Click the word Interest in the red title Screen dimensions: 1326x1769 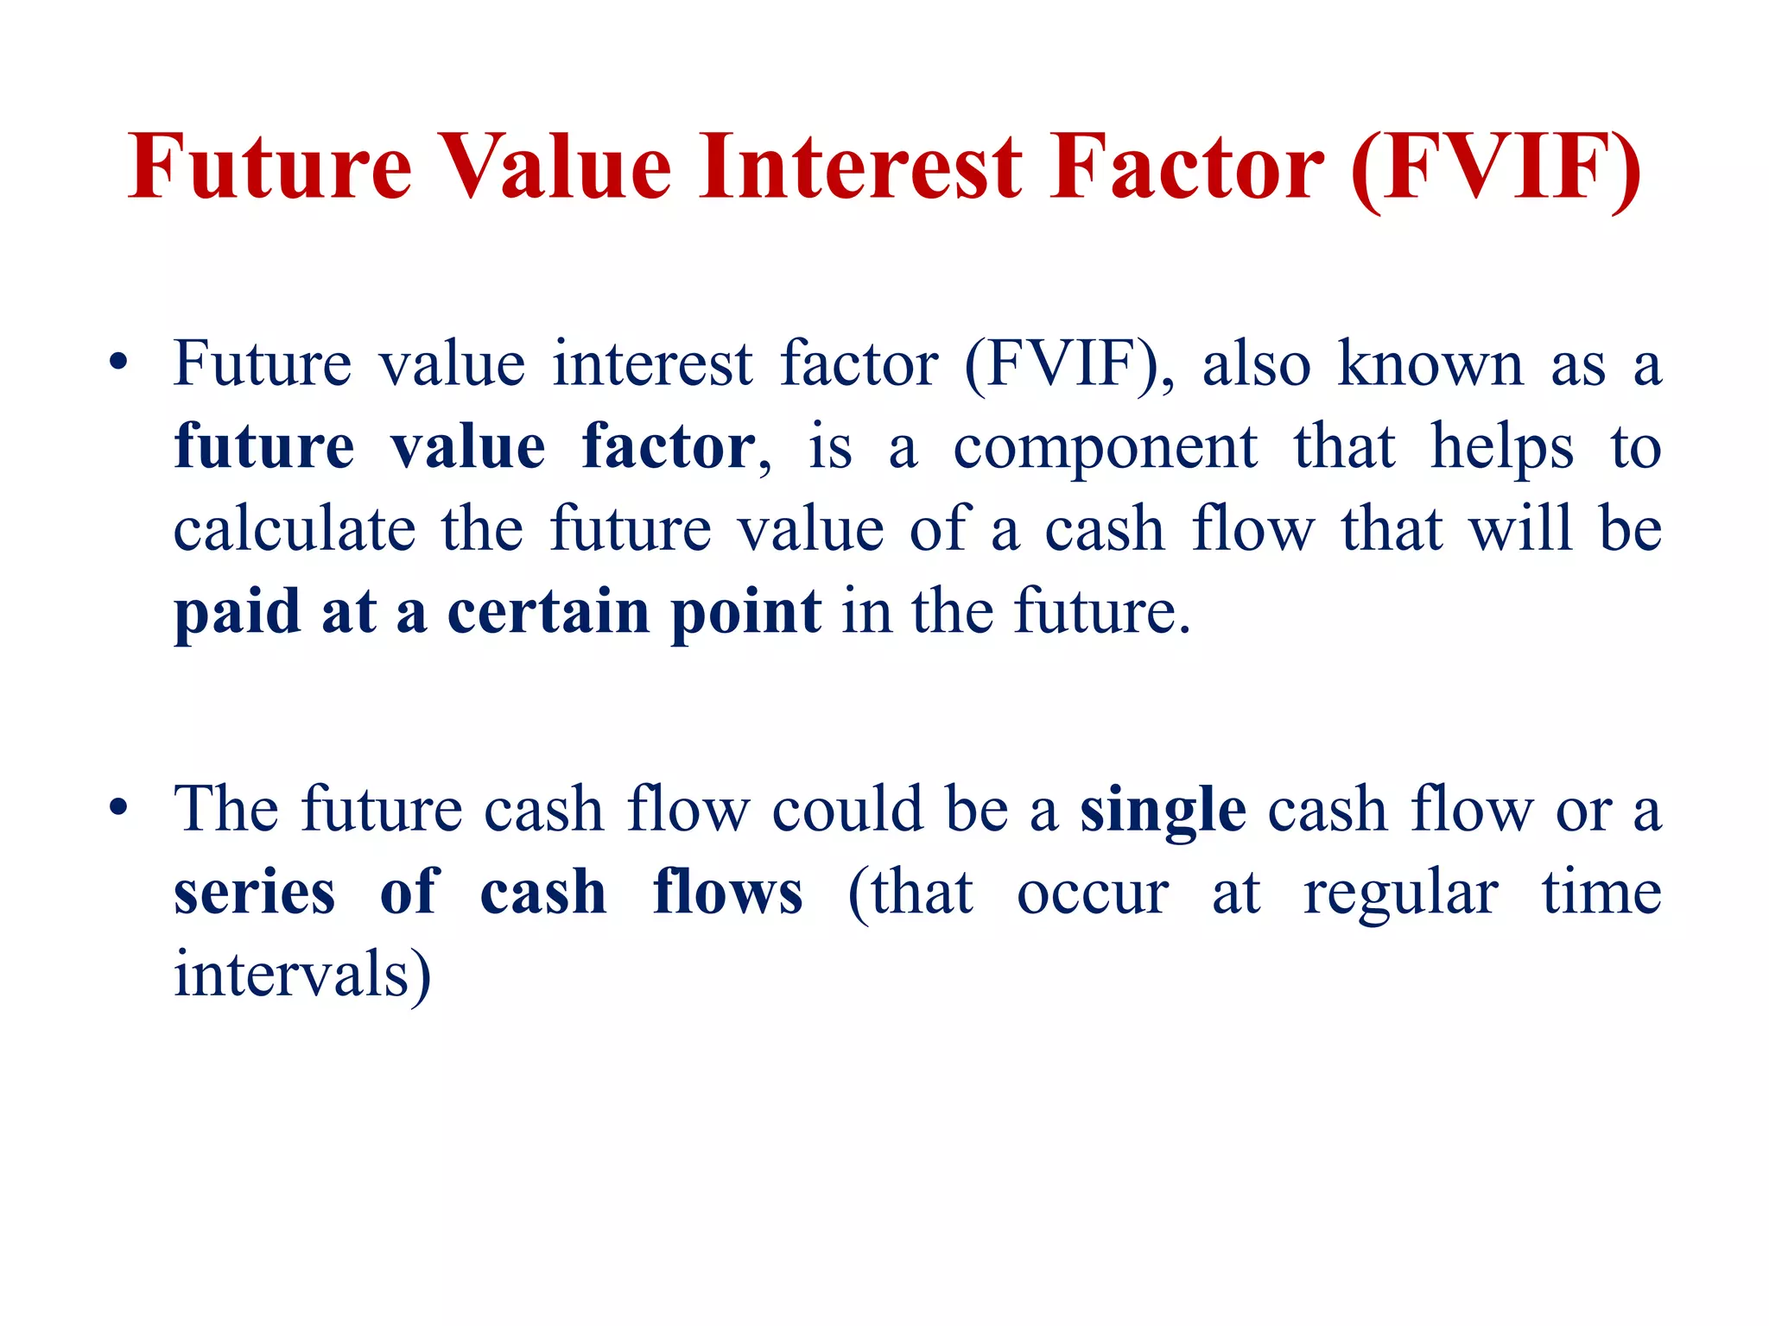[x=860, y=167]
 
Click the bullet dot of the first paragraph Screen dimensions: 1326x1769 [x=119, y=362]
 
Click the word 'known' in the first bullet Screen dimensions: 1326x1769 [x=1430, y=363]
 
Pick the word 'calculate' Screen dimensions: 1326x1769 [x=295, y=528]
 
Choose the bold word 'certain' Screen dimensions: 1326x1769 [x=548, y=611]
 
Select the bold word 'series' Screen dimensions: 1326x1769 [x=254, y=892]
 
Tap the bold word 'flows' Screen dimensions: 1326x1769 [x=728, y=892]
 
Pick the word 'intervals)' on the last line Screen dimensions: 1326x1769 [x=302, y=974]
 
